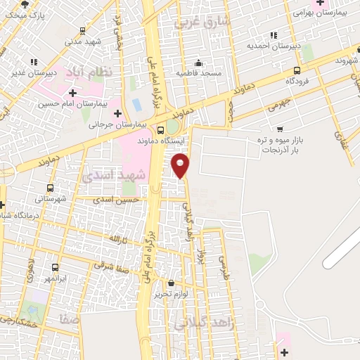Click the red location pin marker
point(181,166)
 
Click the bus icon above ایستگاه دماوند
point(161,129)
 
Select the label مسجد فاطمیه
point(200,73)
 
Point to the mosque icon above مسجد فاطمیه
point(199,63)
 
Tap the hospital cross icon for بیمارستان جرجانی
point(117,113)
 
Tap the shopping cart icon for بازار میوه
point(280,129)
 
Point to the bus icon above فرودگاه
point(297,70)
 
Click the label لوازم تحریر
point(172,294)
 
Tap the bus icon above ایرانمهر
point(55,267)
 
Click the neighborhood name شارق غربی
point(209,22)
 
